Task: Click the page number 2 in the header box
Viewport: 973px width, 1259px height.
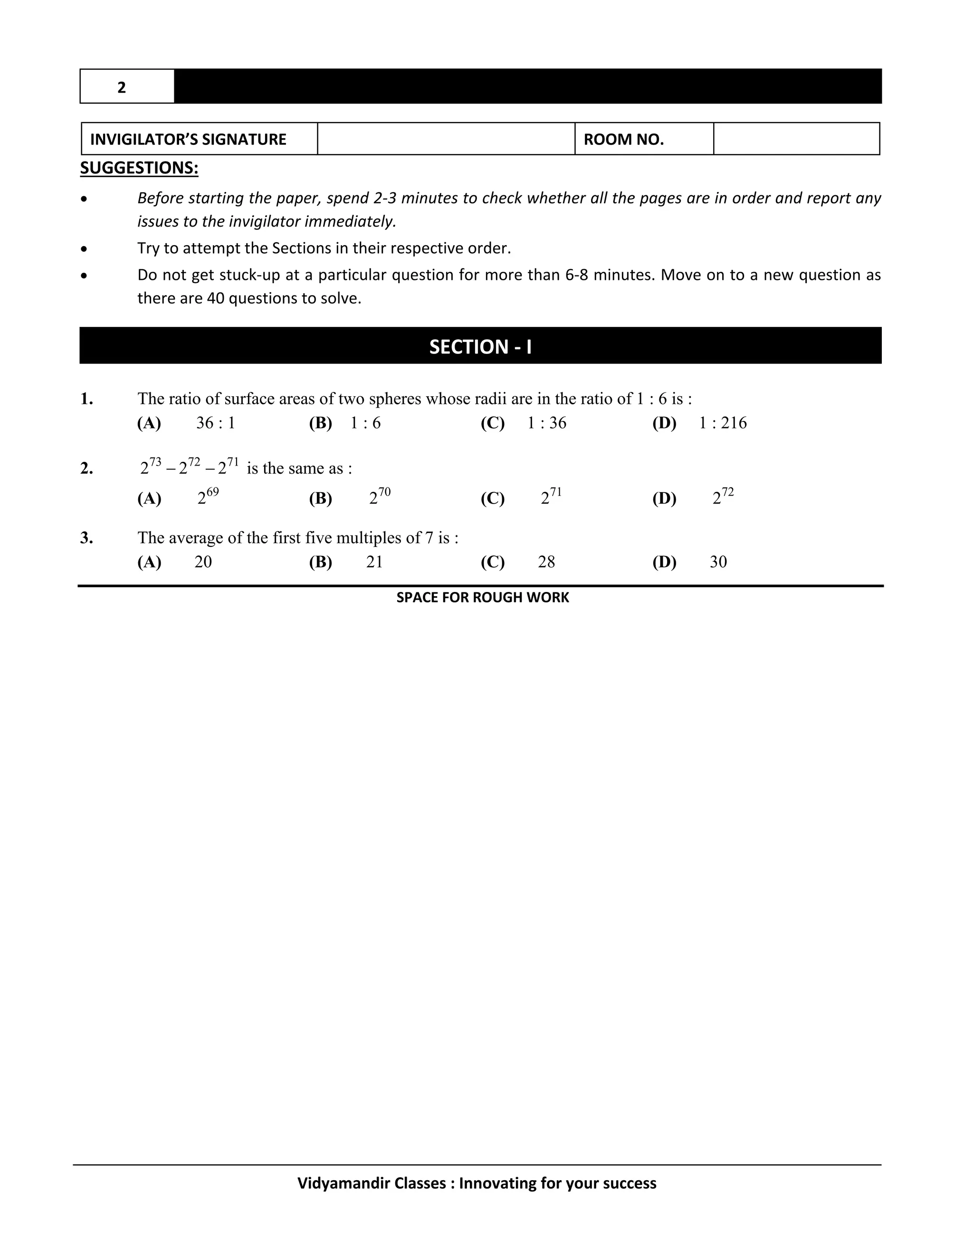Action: (122, 87)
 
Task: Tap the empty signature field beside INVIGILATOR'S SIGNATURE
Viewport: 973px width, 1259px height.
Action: (446, 139)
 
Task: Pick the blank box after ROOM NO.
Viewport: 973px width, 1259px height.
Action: (796, 139)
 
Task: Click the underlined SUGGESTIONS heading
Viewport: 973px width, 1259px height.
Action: (139, 168)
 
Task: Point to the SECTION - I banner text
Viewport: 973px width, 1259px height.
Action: (480, 346)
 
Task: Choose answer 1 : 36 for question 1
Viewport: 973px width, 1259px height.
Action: (546, 423)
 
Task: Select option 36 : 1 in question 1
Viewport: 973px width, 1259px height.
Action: (216, 423)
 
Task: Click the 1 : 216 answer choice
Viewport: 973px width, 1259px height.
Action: (723, 423)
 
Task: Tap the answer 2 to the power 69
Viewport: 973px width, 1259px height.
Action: (208, 496)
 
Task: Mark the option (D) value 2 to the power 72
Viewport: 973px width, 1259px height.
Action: (723, 496)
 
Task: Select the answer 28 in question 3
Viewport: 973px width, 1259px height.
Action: (546, 562)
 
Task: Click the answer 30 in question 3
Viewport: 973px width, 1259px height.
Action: (718, 562)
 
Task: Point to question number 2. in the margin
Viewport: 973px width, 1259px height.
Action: (87, 468)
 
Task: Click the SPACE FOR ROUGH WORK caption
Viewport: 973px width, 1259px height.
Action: (483, 598)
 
